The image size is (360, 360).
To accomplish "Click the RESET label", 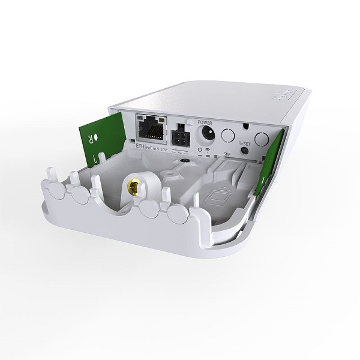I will pyautogui.click(x=244, y=145).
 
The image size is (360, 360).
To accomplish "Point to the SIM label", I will pyautogui.click(x=227, y=154).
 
